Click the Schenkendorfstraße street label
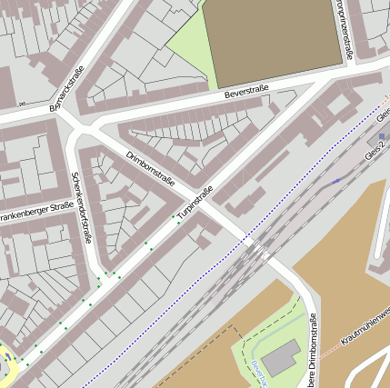(x=81, y=208)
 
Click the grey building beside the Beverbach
(x=284, y=357)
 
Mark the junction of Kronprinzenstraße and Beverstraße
(x=354, y=69)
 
